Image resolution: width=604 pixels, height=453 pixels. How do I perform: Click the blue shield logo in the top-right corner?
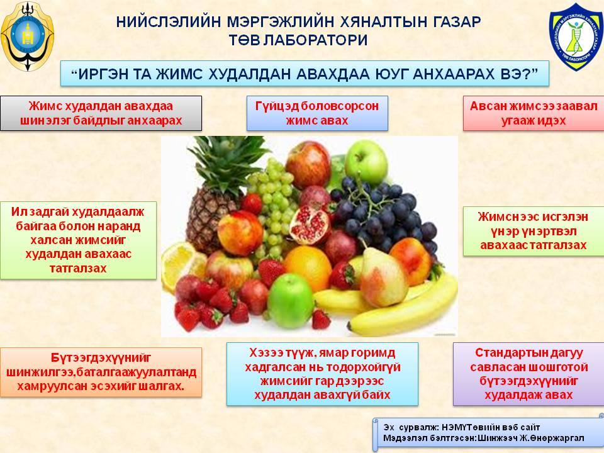(576, 36)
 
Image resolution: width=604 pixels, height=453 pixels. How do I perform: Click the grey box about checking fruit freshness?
(101, 113)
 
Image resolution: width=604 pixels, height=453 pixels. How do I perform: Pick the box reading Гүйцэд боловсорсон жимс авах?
(317, 113)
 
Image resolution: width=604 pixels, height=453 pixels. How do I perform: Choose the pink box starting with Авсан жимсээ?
(534, 113)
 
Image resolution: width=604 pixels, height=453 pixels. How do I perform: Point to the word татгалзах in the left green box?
(78, 269)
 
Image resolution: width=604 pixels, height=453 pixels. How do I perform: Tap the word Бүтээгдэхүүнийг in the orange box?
(101, 358)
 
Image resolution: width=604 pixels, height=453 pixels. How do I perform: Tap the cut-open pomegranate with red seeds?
(310, 225)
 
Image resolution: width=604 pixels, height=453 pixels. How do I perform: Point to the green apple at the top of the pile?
(366, 162)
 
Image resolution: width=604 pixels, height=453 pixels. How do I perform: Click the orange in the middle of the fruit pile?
(308, 268)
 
